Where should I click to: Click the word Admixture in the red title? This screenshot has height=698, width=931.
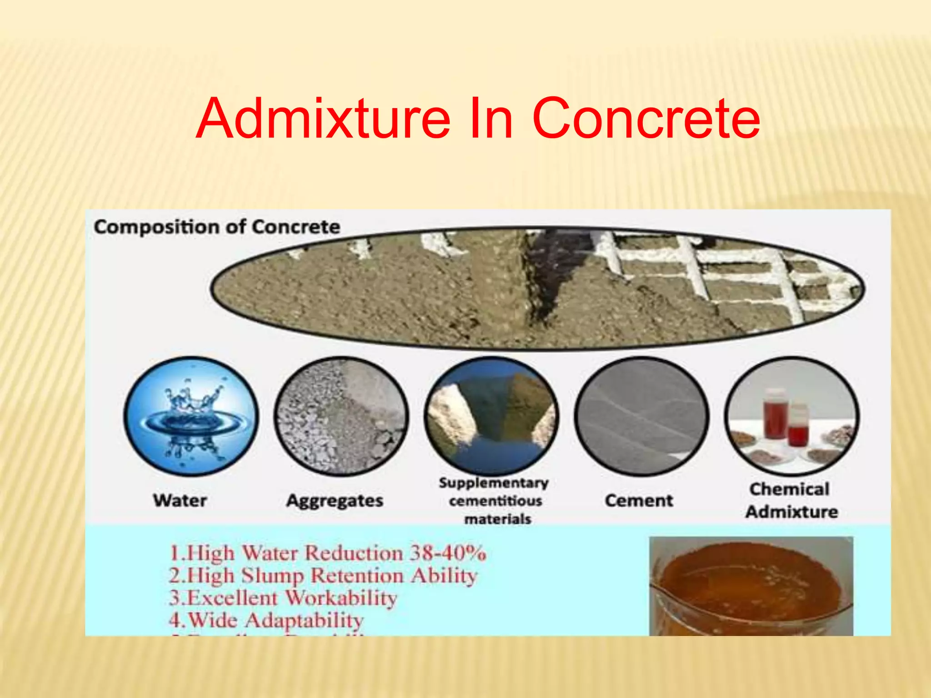pos(323,119)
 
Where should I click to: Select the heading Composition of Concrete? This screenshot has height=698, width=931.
pos(217,227)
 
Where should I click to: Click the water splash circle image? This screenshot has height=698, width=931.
pos(191,416)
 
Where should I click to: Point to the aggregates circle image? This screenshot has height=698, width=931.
pos(341,416)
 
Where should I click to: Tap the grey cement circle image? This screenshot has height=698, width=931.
pos(641,416)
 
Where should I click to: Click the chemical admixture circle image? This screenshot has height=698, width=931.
pos(791,416)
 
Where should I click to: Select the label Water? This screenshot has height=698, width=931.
pos(180,500)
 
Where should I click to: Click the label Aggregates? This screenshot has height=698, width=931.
pos(335,501)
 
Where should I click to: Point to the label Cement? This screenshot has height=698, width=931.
pos(639,500)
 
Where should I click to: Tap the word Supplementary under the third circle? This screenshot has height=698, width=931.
pos(494,483)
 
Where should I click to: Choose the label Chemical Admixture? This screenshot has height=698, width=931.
pos(791,500)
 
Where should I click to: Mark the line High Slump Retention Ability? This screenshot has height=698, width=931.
pos(323,576)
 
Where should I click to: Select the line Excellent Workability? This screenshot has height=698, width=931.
pos(283,598)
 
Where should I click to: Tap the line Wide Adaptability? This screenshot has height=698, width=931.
pos(266,620)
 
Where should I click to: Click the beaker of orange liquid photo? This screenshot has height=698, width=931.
pos(751,586)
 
